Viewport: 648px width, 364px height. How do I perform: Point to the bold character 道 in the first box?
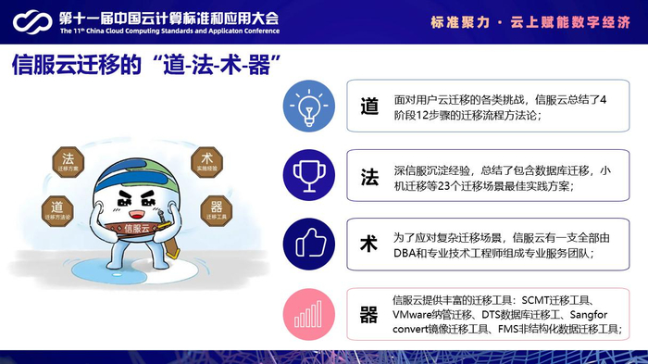(x=370, y=107)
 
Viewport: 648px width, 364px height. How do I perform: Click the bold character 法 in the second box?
(x=370, y=174)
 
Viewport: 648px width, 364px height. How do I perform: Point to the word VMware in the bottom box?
(x=415, y=315)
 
